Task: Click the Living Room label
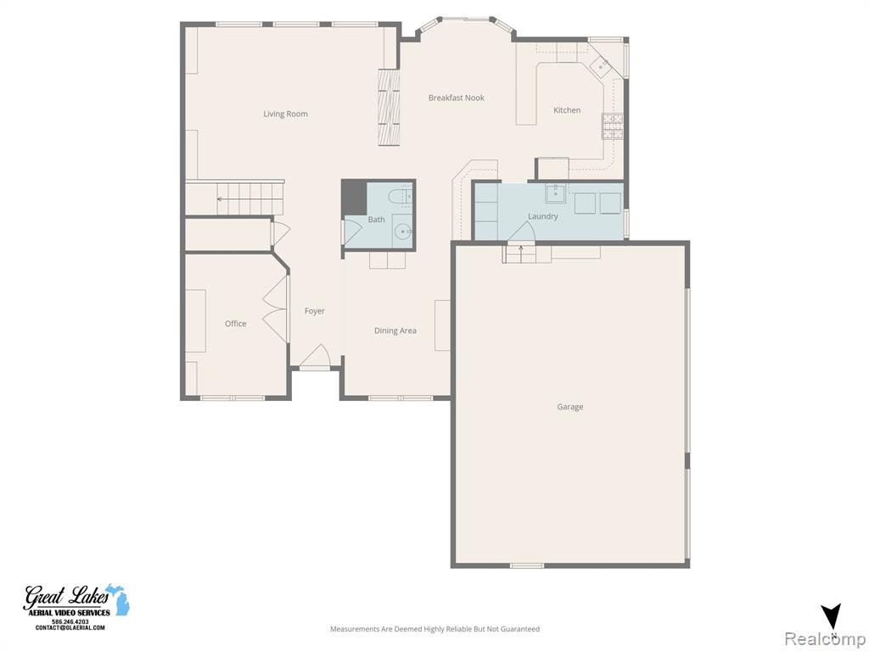click(x=285, y=114)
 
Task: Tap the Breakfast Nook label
click(x=456, y=98)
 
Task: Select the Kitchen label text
click(x=567, y=110)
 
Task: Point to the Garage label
click(x=569, y=407)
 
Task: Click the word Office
click(x=236, y=324)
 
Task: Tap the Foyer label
click(x=314, y=311)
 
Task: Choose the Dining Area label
click(x=395, y=331)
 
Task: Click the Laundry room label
click(x=542, y=216)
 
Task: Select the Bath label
click(x=376, y=220)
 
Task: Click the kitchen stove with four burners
click(x=613, y=125)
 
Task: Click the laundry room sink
click(x=555, y=194)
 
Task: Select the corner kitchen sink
click(x=601, y=66)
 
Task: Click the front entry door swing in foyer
click(x=315, y=356)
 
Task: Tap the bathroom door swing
click(x=352, y=232)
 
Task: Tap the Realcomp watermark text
click(x=825, y=638)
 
